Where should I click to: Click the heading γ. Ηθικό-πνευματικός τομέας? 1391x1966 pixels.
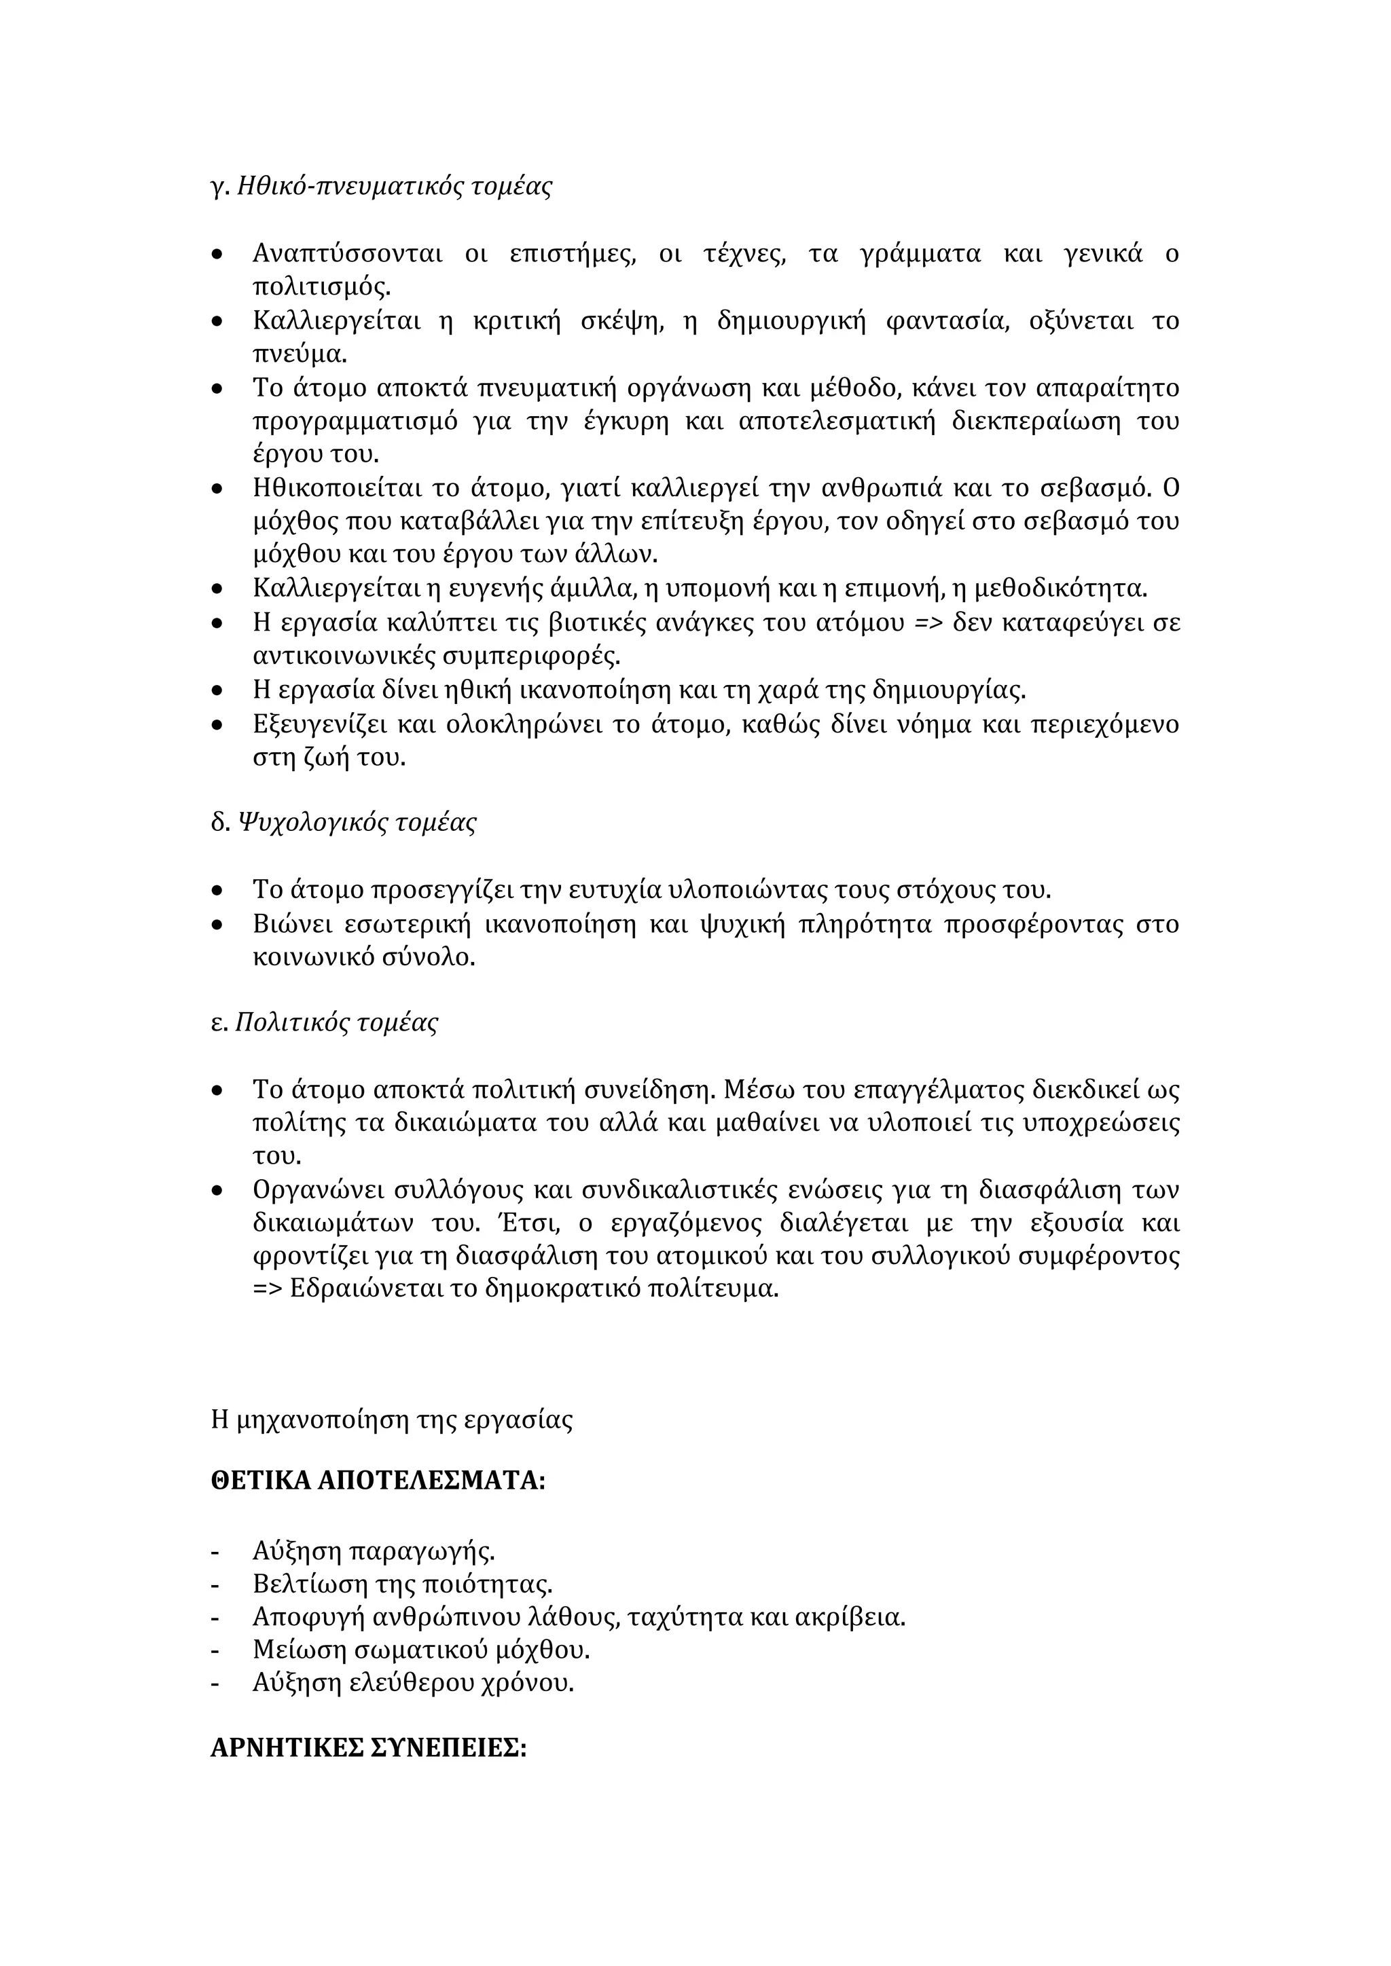(381, 186)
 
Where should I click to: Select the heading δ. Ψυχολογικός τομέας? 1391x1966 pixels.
(344, 823)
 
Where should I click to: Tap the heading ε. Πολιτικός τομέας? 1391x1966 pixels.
(325, 1023)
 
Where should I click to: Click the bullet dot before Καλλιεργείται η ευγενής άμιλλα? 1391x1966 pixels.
(217, 590)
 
